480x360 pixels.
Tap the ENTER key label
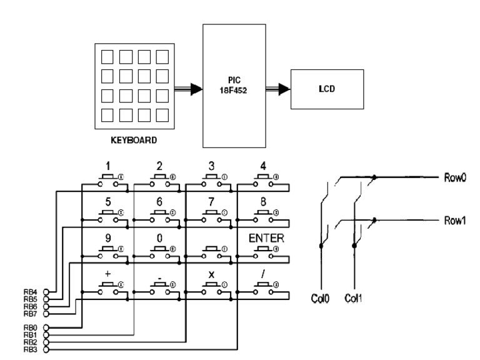(266, 238)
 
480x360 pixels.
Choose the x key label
(211, 275)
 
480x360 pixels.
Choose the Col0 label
(319, 298)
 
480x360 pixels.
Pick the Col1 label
(354, 298)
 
